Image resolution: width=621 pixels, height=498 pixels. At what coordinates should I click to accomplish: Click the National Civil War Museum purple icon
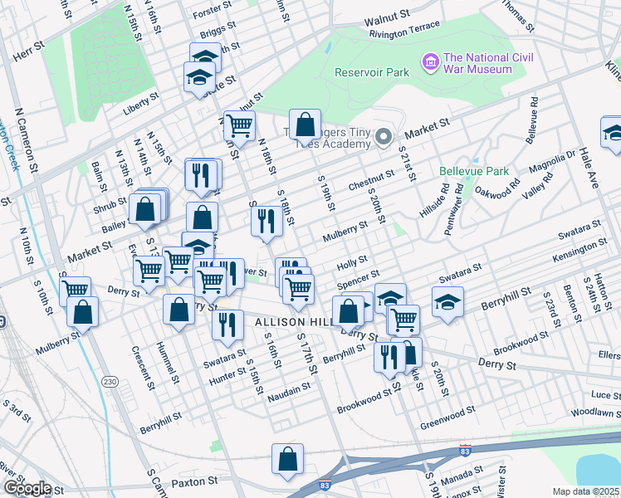(430, 62)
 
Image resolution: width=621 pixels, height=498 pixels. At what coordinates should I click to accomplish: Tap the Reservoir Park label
(372, 72)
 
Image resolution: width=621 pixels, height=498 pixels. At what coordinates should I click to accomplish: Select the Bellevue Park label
(475, 171)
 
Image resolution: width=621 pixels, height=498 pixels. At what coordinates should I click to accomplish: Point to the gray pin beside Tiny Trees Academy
(383, 137)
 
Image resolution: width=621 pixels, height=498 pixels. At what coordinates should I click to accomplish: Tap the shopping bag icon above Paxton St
(287, 459)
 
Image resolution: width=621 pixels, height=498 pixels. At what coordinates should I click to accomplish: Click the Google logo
(27, 488)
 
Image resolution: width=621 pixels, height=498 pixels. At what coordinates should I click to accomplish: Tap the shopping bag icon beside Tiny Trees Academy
(305, 124)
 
